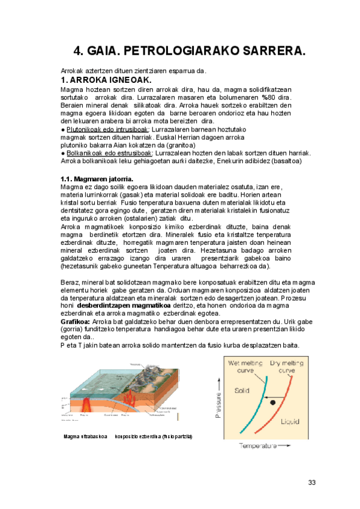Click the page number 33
tap(311, 483)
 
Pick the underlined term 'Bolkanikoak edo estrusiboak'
tap(109, 153)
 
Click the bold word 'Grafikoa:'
tap(76, 322)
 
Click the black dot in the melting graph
tap(273, 402)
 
